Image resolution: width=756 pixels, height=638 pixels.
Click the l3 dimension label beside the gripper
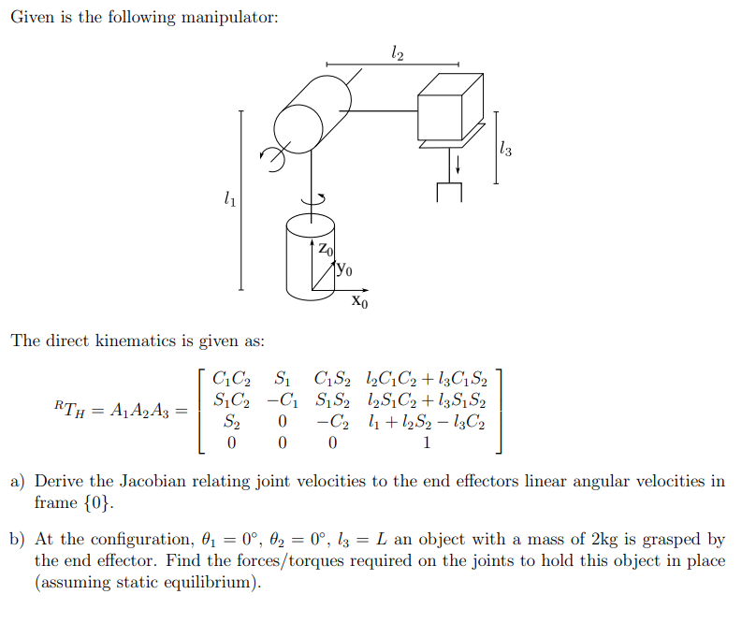coord(506,147)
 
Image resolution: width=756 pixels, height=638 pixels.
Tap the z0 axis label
coord(323,250)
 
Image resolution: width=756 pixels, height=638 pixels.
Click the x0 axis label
coord(360,302)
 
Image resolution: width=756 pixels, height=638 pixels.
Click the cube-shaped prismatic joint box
coord(451,106)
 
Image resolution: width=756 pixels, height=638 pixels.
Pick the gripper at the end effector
coord(449,191)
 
